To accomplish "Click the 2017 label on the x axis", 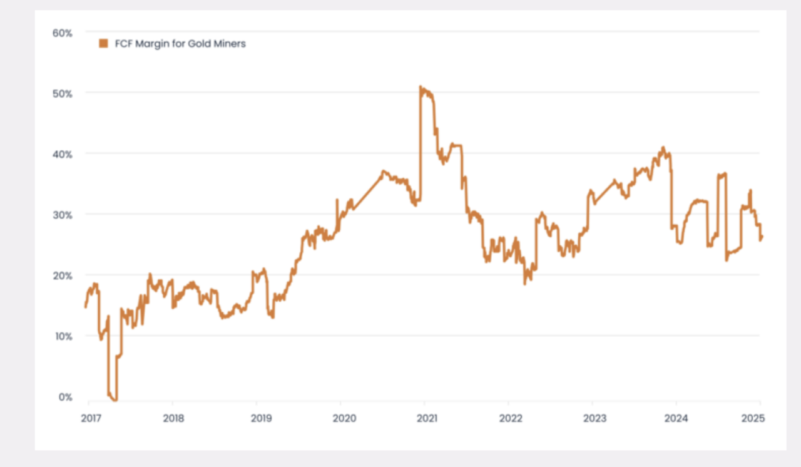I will pyautogui.click(x=91, y=418).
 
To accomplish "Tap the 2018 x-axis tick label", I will pyautogui.click(x=174, y=418).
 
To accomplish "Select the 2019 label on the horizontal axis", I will pyautogui.click(x=258, y=418).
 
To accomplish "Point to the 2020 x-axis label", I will pyautogui.click(x=342, y=418).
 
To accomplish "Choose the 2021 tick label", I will pyautogui.click(x=426, y=418).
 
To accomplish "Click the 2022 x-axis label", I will pyautogui.click(x=509, y=418).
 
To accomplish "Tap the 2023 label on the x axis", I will pyautogui.click(x=593, y=418).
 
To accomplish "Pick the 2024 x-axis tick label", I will pyautogui.click(x=677, y=418).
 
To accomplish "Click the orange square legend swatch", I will pyautogui.click(x=103, y=44).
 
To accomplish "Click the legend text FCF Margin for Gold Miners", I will pyautogui.click(x=180, y=44).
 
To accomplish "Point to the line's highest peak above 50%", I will pyautogui.click(x=421, y=88).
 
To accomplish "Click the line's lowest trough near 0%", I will pyautogui.click(x=115, y=399).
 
